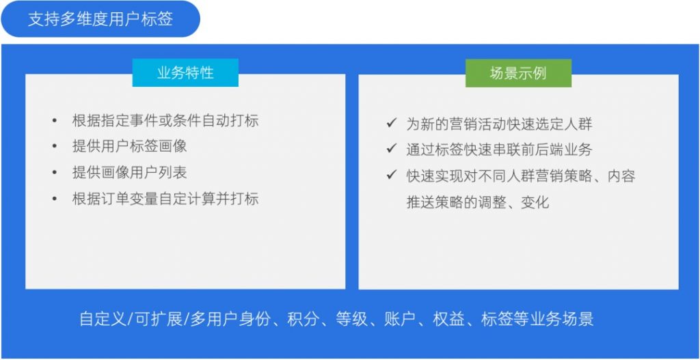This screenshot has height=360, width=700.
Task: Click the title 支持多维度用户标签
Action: click(x=100, y=19)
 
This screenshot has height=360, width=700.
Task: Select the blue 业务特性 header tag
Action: click(x=185, y=72)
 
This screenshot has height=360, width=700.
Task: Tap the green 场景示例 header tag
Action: click(x=518, y=72)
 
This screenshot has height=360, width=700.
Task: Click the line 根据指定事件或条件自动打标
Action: click(x=165, y=120)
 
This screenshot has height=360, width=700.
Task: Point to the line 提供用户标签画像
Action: click(x=129, y=146)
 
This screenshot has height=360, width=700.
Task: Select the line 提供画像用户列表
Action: click(x=129, y=173)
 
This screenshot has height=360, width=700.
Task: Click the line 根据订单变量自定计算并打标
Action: click(x=165, y=199)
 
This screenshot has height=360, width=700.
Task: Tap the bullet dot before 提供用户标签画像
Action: click(x=55, y=146)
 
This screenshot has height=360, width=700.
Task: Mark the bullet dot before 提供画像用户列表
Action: click(x=55, y=173)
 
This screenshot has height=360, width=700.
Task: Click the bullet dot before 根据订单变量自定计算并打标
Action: click(x=55, y=199)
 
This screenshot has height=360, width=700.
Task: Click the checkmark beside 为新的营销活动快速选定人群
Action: click(x=392, y=123)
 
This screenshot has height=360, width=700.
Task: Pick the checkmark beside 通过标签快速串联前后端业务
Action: click(x=392, y=148)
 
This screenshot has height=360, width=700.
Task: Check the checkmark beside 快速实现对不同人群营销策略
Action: click(x=392, y=175)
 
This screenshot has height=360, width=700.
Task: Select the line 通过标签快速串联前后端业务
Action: click(x=499, y=150)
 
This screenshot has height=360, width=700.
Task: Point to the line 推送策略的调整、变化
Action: click(x=477, y=202)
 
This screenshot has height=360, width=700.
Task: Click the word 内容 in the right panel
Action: click(x=621, y=176)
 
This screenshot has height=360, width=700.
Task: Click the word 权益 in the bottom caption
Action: click(x=447, y=320)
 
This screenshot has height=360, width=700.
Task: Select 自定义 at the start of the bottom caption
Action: click(x=101, y=320)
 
